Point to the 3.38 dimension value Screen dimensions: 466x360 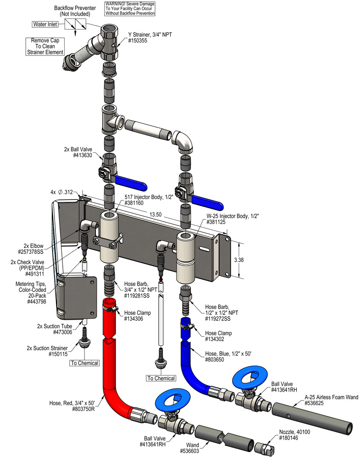[x=252, y=260]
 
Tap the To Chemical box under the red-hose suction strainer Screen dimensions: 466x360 [x=84, y=363]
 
